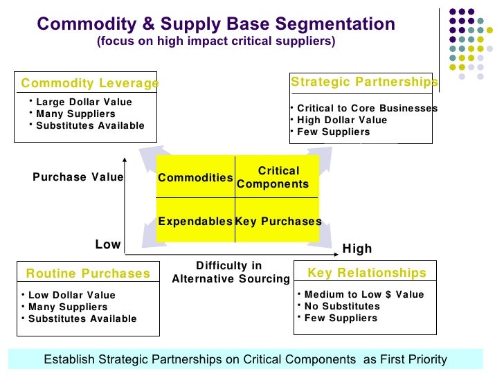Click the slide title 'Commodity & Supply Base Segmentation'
pyautogui.click(x=216, y=24)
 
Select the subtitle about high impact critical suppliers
pyautogui.click(x=216, y=42)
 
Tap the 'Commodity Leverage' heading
pyautogui.click(x=90, y=84)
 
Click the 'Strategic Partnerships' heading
pyautogui.click(x=364, y=82)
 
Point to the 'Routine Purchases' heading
pyautogui.click(x=88, y=273)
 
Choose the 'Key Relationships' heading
pyautogui.click(x=367, y=273)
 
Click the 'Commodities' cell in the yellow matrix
pyautogui.click(x=195, y=178)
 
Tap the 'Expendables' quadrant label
pyautogui.click(x=195, y=222)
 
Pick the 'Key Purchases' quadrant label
pyautogui.click(x=278, y=222)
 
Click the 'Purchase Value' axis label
pyautogui.click(x=78, y=177)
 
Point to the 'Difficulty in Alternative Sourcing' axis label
pyautogui.click(x=230, y=272)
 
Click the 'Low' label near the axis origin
pyautogui.click(x=108, y=244)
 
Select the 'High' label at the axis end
pyautogui.click(x=357, y=249)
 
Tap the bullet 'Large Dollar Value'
pyautogui.click(x=84, y=102)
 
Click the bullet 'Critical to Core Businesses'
pyautogui.click(x=367, y=109)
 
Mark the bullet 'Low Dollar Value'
pyautogui.click(x=72, y=295)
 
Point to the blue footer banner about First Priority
pyautogui.click(x=245, y=359)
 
